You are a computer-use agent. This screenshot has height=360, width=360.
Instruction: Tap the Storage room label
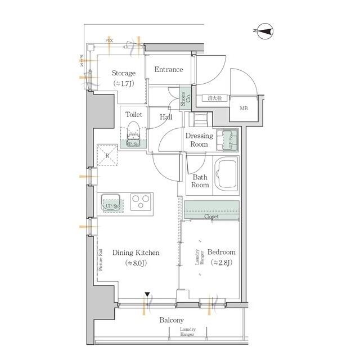point(123,74)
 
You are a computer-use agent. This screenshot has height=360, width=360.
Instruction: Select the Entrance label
point(169,70)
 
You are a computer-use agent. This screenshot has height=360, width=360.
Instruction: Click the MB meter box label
point(245,109)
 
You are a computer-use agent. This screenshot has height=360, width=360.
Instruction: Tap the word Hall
point(166,117)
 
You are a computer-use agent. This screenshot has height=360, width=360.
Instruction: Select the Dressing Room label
point(200,140)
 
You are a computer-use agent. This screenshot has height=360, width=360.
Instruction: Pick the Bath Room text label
point(200,181)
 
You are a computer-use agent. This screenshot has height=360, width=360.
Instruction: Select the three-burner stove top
point(142,201)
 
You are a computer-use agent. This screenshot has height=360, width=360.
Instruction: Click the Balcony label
point(172,320)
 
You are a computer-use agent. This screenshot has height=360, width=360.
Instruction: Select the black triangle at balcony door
point(147,294)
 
